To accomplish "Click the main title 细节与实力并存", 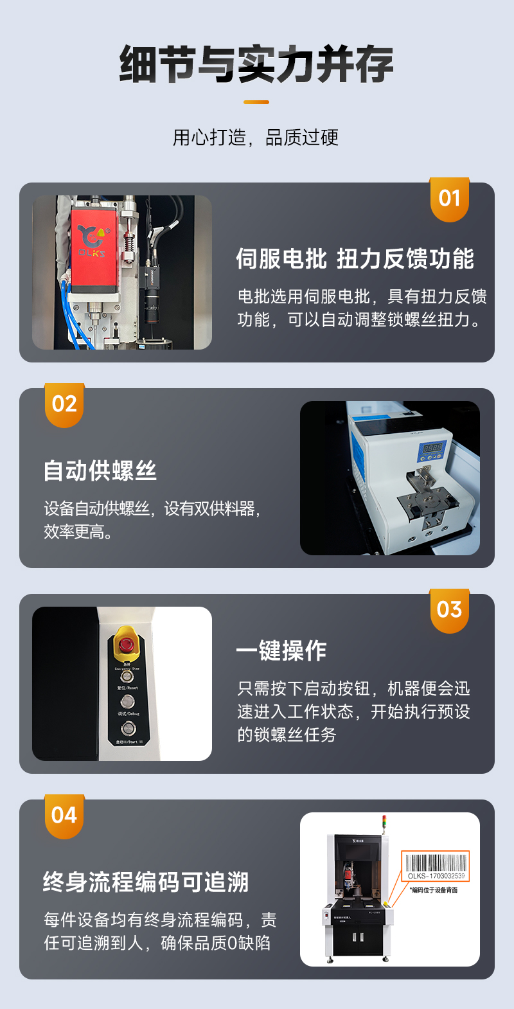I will pos(256,64).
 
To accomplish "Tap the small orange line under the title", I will pos(256,102).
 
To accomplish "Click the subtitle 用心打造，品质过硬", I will pos(256,137).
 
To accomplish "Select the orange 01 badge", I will pos(450,199).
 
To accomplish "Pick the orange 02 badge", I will pos(64,405).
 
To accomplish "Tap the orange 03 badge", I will pos(450,610).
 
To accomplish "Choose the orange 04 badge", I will pos(64,816).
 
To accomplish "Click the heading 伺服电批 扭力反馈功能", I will pos(355,259).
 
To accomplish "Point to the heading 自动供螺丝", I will pos(100,470).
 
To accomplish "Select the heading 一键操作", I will pos(281,650).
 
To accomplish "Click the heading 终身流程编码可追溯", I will pos(146,882).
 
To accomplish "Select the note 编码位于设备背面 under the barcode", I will pos(434,890).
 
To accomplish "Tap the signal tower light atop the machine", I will pos(385,823).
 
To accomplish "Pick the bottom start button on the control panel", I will pos(128,728).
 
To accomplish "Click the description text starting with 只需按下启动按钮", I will pos(353,711).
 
